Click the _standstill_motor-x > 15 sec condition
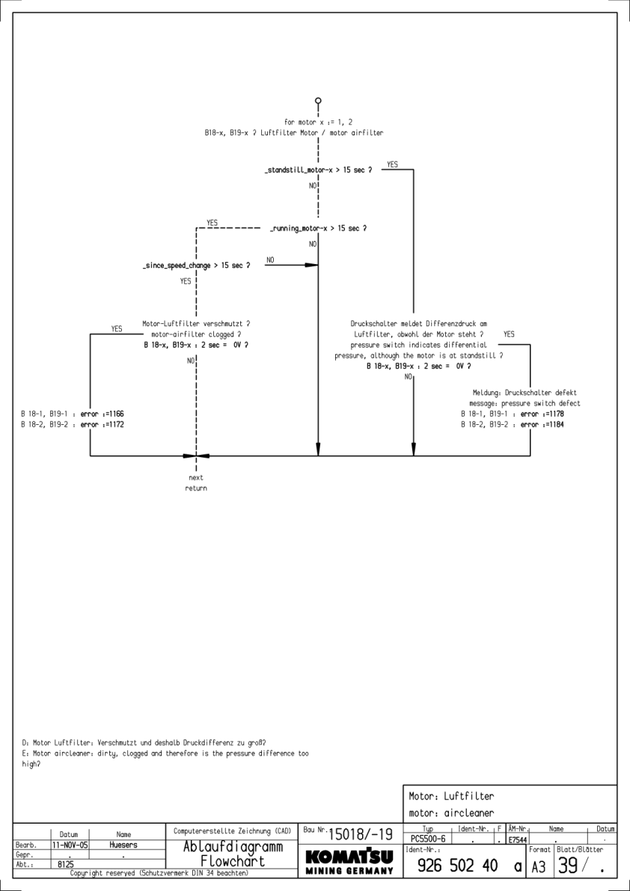(x=319, y=171)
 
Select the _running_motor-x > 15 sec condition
(x=318, y=227)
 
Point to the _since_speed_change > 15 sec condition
(x=196, y=265)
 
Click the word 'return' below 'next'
(x=196, y=489)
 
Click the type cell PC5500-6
(x=426, y=840)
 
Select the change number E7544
(x=517, y=841)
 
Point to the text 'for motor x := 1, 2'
(x=319, y=121)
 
